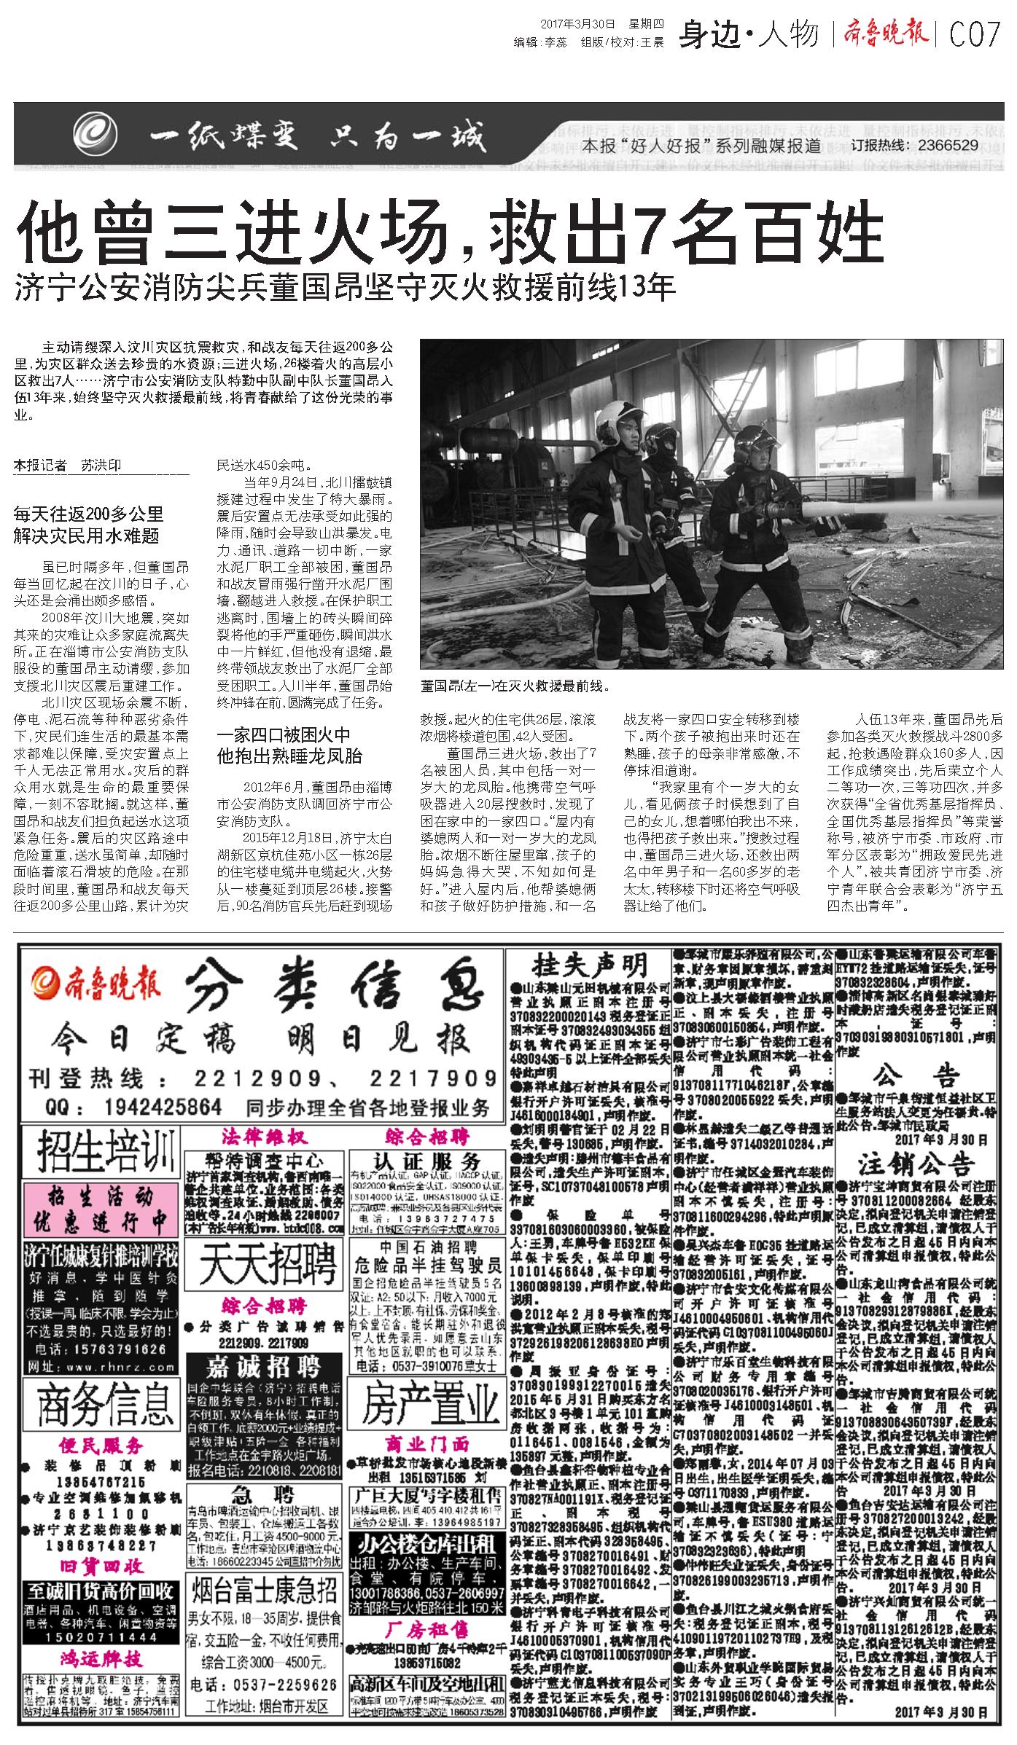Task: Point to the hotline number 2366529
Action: (x=944, y=145)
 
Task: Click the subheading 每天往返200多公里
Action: (x=88, y=514)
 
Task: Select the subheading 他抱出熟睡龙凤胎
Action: (x=289, y=755)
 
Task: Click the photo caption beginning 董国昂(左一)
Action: (x=514, y=686)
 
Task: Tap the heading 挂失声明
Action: (x=591, y=965)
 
